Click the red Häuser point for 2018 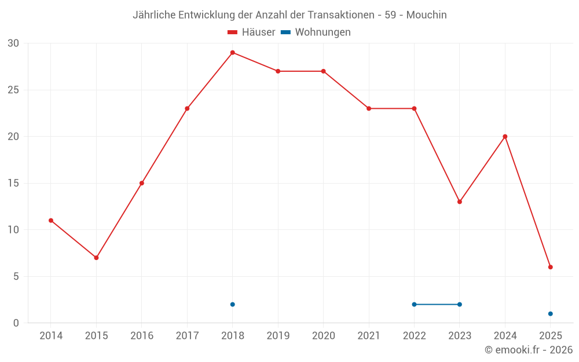[232, 53]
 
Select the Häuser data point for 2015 [96, 258]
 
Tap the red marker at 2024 [505, 137]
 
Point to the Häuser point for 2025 [551, 267]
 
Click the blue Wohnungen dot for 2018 [232, 304]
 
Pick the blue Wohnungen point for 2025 [551, 314]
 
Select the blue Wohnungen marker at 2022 [414, 304]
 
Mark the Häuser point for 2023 [460, 202]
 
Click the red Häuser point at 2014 [51, 221]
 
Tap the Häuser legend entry [251, 32]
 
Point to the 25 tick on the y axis [13, 90]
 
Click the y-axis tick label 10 [13, 230]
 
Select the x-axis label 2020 [323, 336]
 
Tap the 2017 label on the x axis [187, 336]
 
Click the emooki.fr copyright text [528, 350]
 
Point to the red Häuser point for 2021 [369, 108]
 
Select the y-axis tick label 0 [16, 323]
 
